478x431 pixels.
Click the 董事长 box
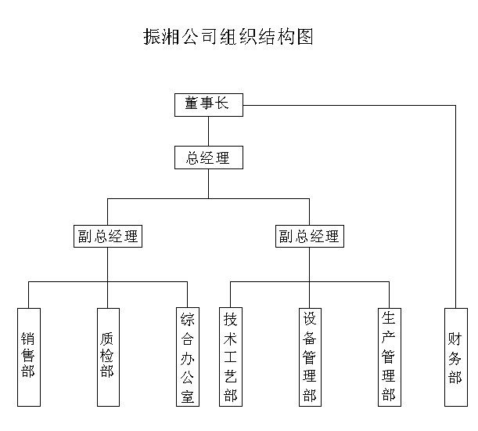(x=208, y=104)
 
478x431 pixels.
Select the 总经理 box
(x=208, y=158)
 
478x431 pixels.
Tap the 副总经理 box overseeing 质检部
(x=107, y=236)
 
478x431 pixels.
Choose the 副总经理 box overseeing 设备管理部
(x=309, y=236)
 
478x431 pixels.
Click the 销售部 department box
(x=28, y=357)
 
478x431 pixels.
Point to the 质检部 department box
(x=107, y=357)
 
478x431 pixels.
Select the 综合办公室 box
(x=188, y=357)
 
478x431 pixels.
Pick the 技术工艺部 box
(x=230, y=357)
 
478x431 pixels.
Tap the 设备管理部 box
(x=310, y=357)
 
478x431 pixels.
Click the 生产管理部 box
(x=389, y=357)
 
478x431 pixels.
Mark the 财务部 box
(x=455, y=357)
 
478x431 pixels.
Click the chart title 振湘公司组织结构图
(x=228, y=37)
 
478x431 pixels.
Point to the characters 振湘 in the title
(x=161, y=37)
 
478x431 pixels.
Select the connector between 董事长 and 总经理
(x=208, y=131)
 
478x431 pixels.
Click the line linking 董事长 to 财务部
(x=352, y=104)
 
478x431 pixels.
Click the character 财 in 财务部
(x=455, y=339)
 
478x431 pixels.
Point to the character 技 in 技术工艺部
(x=230, y=319)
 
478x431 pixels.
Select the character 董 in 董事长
(x=192, y=104)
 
